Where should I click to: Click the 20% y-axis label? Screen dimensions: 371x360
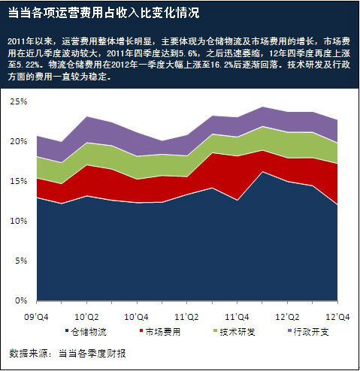coord(17,141)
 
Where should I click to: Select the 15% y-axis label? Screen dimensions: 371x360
coord(17,181)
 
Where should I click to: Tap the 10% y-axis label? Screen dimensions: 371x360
coord(17,221)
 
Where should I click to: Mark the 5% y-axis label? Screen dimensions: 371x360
coord(20,261)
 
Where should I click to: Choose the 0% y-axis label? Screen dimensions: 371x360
coord(20,300)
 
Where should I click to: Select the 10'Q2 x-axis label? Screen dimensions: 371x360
coord(86,316)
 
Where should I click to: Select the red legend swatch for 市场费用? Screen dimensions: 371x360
coord(133,331)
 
